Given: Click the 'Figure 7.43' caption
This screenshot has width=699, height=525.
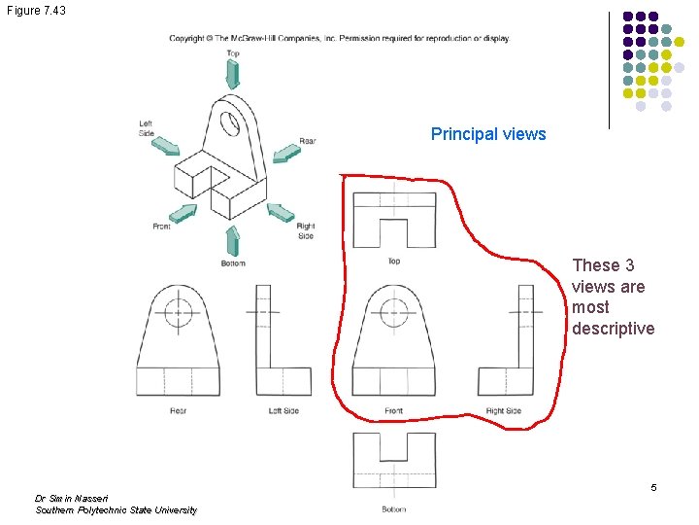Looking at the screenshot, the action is (37, 9).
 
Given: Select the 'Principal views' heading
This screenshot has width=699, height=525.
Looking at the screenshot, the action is (488, 134).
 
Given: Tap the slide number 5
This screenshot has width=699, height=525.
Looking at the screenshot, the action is (653, 486).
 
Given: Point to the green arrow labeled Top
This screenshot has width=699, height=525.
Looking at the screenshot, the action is (233, 73).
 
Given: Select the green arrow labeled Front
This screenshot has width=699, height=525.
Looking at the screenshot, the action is (183, 215).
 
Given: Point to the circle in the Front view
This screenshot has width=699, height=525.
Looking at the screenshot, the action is (393, 313).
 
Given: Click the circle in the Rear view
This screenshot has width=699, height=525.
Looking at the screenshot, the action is (179, 313).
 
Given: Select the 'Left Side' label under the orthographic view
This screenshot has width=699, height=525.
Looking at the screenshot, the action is (283, 411).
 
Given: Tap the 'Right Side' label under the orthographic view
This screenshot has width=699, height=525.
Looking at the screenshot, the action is (504, 411).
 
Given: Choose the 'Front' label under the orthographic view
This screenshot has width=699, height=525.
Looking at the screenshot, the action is (393, 411).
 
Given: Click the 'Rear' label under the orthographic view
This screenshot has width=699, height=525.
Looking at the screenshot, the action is (179, 411).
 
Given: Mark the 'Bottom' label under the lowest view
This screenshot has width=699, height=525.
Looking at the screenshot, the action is (393, 508).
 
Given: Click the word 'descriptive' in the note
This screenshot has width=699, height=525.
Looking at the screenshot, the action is (614, 329).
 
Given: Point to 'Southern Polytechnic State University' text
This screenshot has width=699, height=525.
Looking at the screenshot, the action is (116, 510).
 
